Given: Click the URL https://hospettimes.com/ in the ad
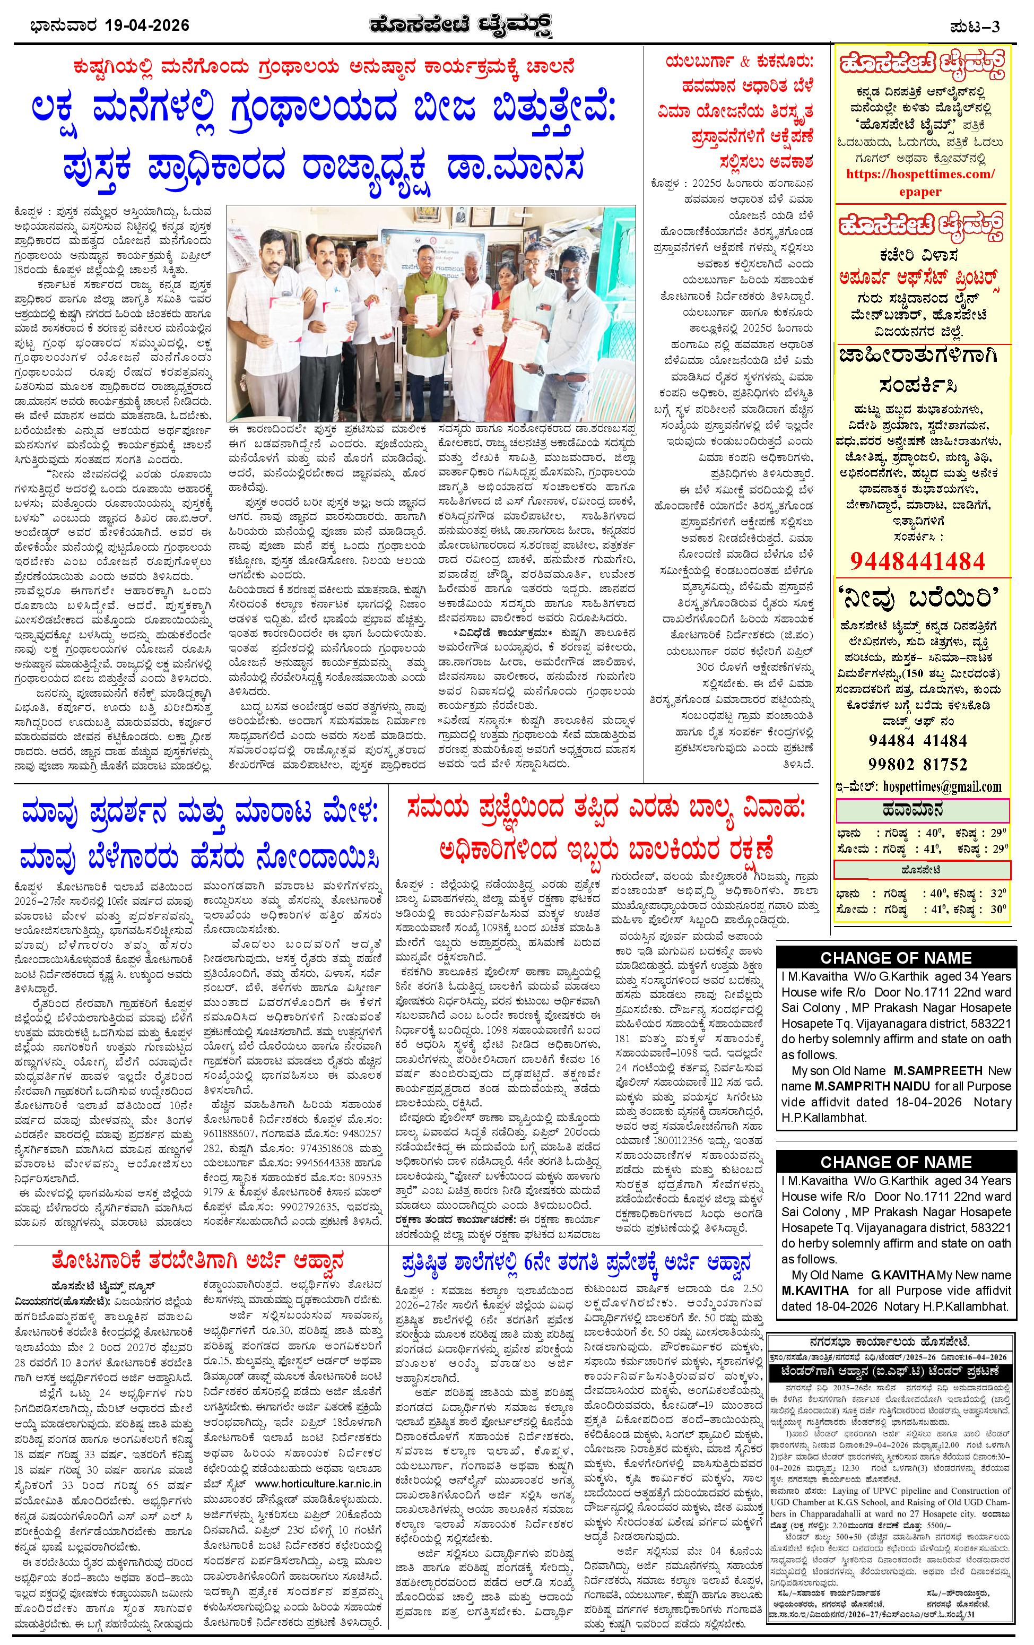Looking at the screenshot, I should point(920,174).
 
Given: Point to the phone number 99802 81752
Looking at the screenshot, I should point(918,763).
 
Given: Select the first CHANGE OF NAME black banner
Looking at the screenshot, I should point(896,957).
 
